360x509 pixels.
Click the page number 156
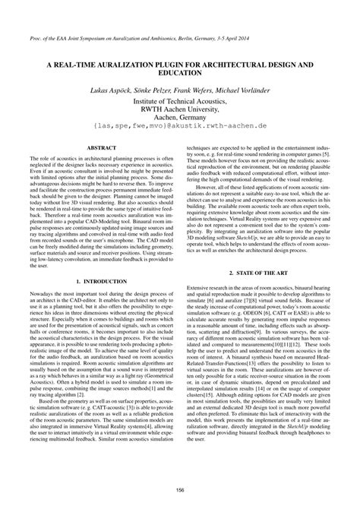coord(180,489)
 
